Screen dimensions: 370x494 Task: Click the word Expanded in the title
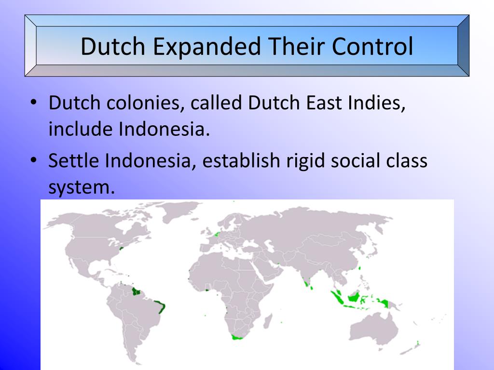pos(207,46)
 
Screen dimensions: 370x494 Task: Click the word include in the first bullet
pos(78,129)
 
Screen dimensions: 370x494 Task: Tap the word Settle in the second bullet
pos(75,160)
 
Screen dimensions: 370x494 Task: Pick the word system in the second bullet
pos(80,187)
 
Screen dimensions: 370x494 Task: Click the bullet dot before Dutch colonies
pos(33,103)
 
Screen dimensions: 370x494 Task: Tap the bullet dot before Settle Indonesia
pos(33,160)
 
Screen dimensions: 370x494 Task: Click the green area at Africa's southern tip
pos(236,337)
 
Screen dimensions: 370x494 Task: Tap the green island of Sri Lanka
pos(312,287)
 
